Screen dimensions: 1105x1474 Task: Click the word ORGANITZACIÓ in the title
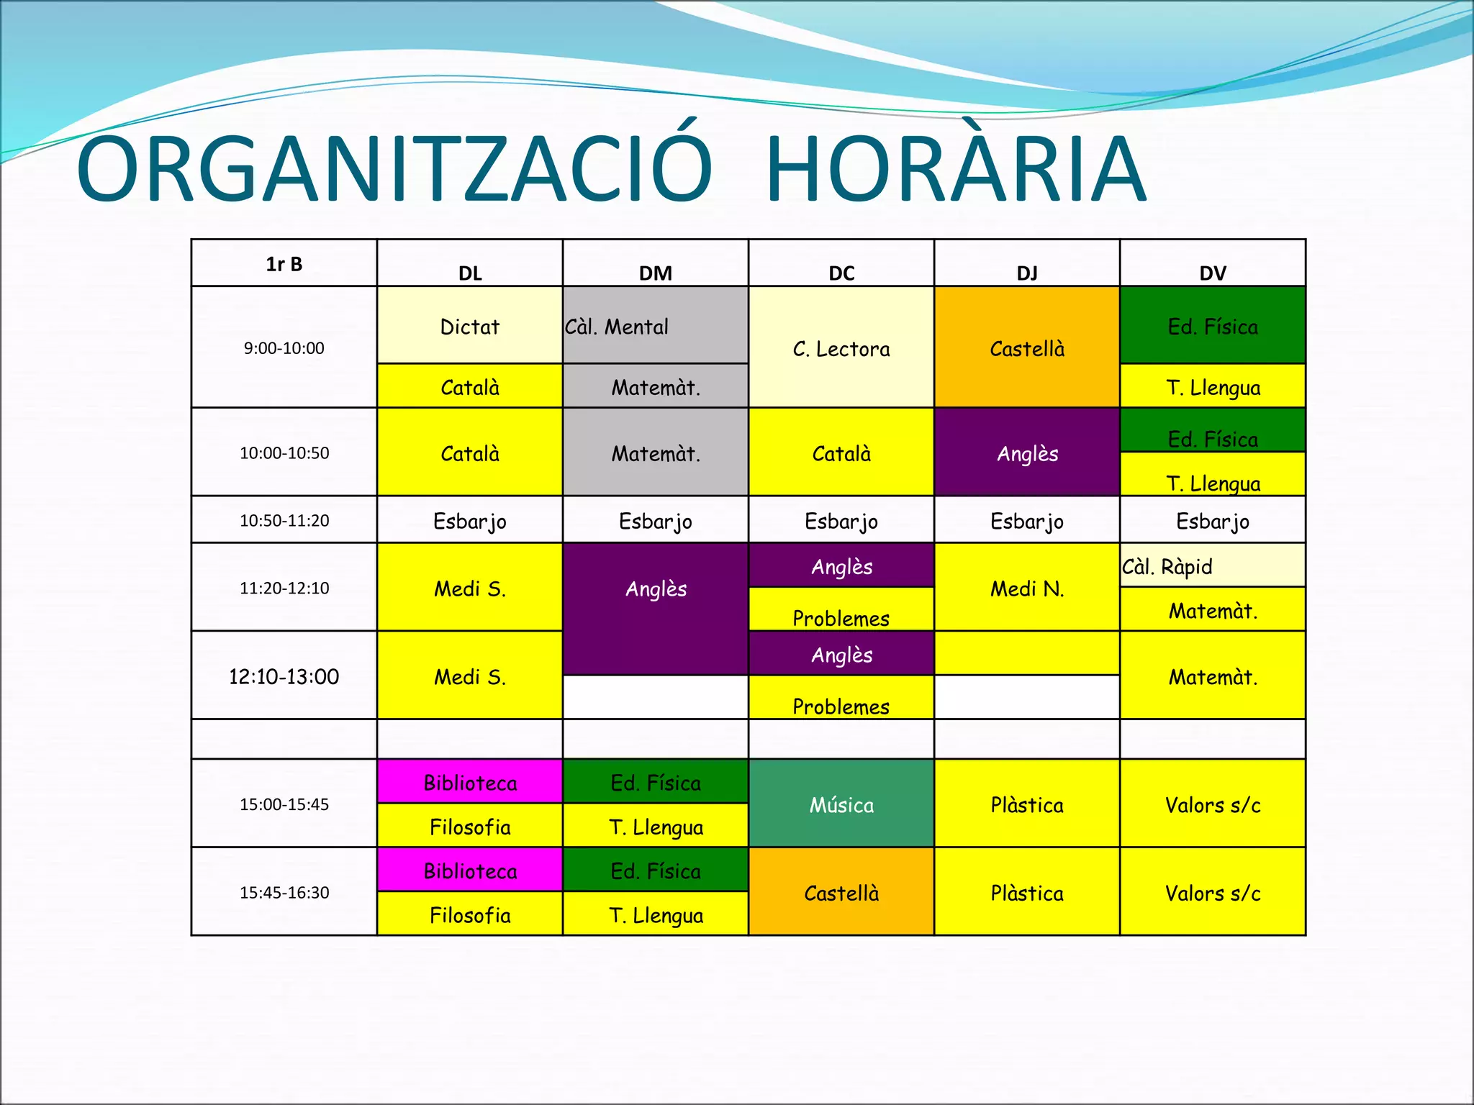pyautogui.click(x=394, y=170)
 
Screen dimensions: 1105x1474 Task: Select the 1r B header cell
pyautogui.click(x=284, y=264)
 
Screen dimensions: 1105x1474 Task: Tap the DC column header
pyautogui.click(x=841, y=273)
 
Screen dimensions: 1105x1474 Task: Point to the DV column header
pyautogui.click(x=1213, y=273)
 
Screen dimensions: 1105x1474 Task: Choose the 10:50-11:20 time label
pyautogui.click(x=284, y=520)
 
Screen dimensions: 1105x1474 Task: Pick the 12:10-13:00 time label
pyautogui.click(x=284, y=676)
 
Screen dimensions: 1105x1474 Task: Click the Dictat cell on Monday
pyautogui.click(x=470, y=327)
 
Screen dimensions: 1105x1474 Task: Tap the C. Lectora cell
pyautogui.click(x=841, y=349)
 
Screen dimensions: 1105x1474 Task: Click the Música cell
pyautogui.click(x=841, y=804)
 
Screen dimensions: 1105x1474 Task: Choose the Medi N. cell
pyautogui.click(x=1027, y=588)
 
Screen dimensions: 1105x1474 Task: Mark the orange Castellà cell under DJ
pyautogui.click(x=1027, y=349)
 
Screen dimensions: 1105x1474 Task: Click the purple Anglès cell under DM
pyautogui.click(x=656, y=588)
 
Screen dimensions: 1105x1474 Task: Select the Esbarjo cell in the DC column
pyautogui.click(x=841, y=521)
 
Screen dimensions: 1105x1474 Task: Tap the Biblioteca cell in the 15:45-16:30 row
pyautogui.click(x=470, y=871)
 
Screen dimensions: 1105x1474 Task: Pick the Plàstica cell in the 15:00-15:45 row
pyautogui.click(x=1027, y=804)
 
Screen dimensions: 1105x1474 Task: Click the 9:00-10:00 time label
pyautogui.click(x=284, y=348)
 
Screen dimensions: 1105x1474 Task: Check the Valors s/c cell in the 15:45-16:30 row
pyautogui.click(x=1213, y=893)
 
